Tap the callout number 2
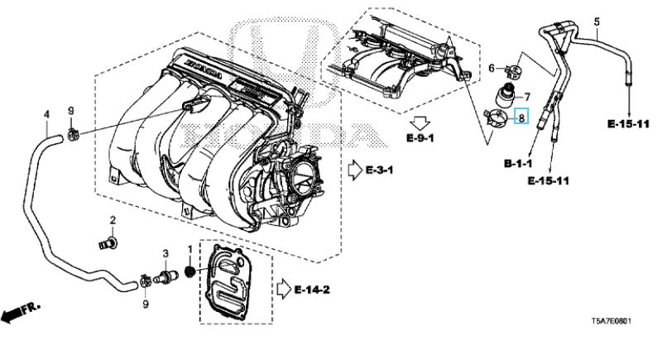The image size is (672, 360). [x=113, y=219]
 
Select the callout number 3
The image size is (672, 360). [x=165, y=253]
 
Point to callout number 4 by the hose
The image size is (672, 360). [x=46, y=114]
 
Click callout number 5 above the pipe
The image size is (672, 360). [x=596, y=21]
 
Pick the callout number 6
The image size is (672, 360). [x=490, y=68]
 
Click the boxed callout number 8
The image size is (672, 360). [x=522, y=118]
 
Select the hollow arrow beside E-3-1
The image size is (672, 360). [x=355, y=170]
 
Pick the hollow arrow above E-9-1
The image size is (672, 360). [x=421, y=114]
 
